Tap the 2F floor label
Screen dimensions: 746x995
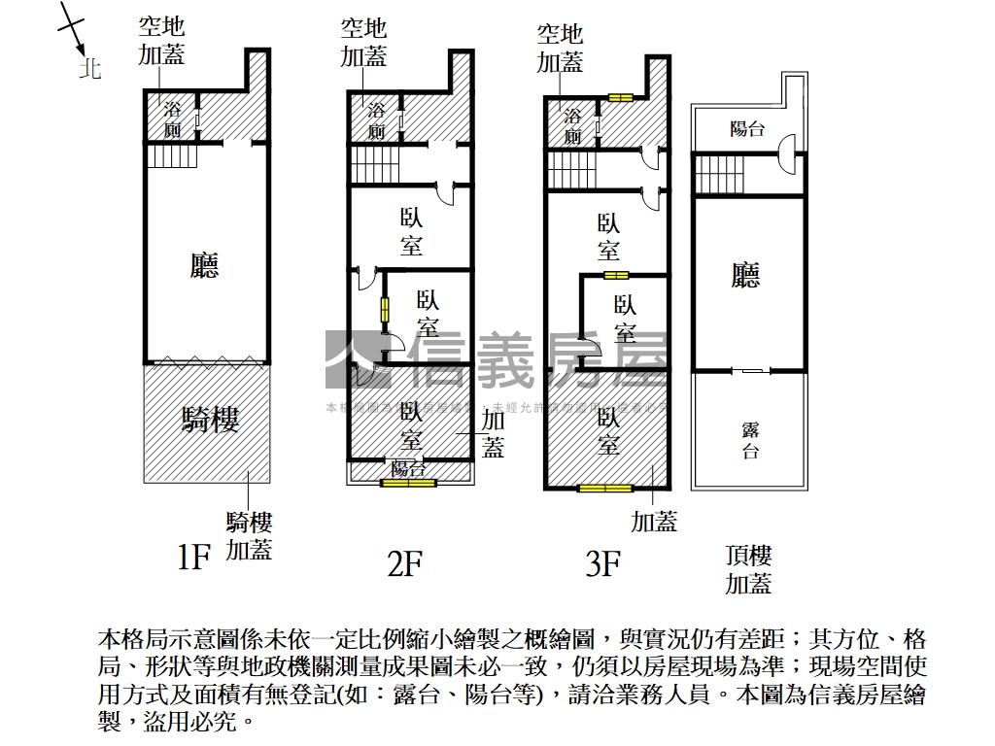point(404,562)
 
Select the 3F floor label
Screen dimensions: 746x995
point(602,562)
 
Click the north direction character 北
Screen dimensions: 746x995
point(90,69)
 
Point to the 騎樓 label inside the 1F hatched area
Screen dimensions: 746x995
point(210,421)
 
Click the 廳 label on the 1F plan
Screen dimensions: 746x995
point(204,265)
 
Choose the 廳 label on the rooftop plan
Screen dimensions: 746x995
point(745,276)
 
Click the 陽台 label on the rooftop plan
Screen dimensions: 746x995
point(747,128)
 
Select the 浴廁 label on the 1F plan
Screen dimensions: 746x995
point(172,119)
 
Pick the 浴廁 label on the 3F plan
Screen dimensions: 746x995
point(572,126)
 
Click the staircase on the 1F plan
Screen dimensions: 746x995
point(172,154)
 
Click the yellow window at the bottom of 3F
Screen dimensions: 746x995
point(604,488)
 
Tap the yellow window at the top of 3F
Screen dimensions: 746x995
point(620,97)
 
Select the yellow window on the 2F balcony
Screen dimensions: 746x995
point(408,483)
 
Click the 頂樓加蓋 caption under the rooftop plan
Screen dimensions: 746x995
point(748,570)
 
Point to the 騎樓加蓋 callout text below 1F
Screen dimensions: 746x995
point(249,536)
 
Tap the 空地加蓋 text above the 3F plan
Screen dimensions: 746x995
point(560,49)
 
